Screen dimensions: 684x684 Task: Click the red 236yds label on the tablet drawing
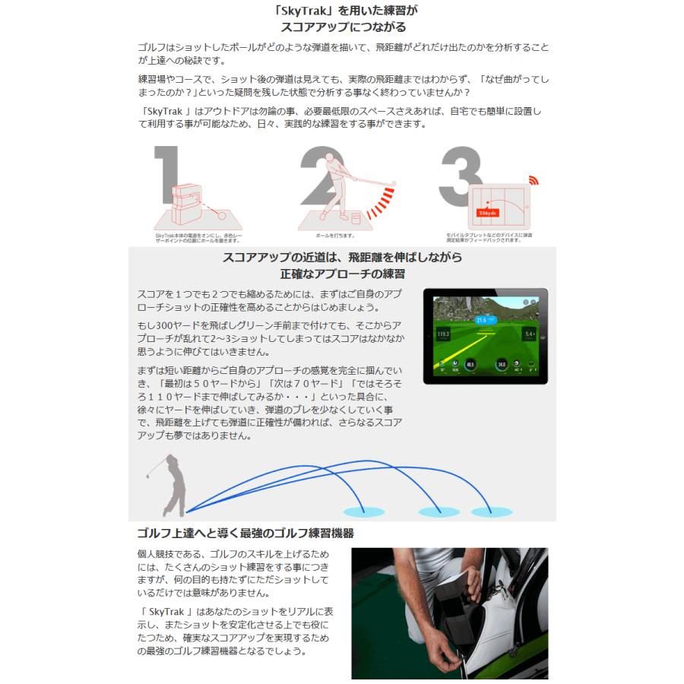point(487,213)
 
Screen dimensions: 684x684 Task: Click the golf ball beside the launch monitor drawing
point(217,216)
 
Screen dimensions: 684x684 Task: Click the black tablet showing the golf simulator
point(485,335)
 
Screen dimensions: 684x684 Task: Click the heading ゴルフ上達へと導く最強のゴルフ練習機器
point(245,533)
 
